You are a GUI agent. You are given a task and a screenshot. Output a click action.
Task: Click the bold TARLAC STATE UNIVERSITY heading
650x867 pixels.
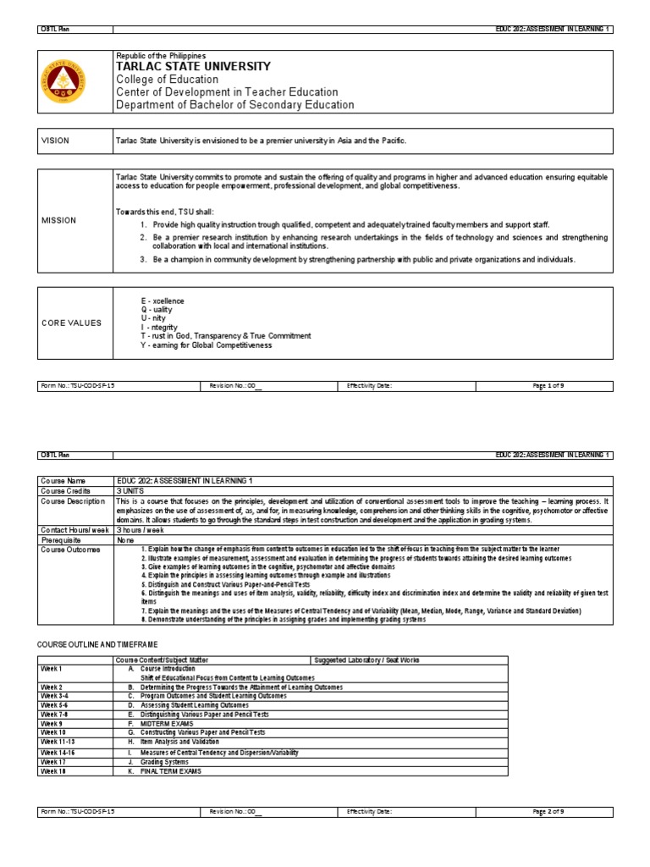pos(193,67)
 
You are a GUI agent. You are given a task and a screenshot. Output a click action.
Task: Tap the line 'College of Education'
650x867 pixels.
pos(167,80)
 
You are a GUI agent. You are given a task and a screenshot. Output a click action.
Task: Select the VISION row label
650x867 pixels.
pos(56,141)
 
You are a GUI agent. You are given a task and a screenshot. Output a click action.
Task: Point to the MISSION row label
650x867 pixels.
pos(58,220)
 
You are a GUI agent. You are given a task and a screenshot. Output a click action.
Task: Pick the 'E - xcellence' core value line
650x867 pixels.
pos(162,301)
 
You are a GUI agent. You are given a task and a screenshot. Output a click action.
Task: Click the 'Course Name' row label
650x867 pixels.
pos(63,480)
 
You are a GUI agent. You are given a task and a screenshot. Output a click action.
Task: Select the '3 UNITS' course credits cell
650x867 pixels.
pos(133,490)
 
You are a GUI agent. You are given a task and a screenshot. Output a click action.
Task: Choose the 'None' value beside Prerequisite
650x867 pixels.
pos(126,538)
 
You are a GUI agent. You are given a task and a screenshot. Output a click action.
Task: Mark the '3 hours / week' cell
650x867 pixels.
pos(144,528)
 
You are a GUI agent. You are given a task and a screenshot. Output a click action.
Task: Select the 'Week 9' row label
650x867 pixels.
pos(52,724)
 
